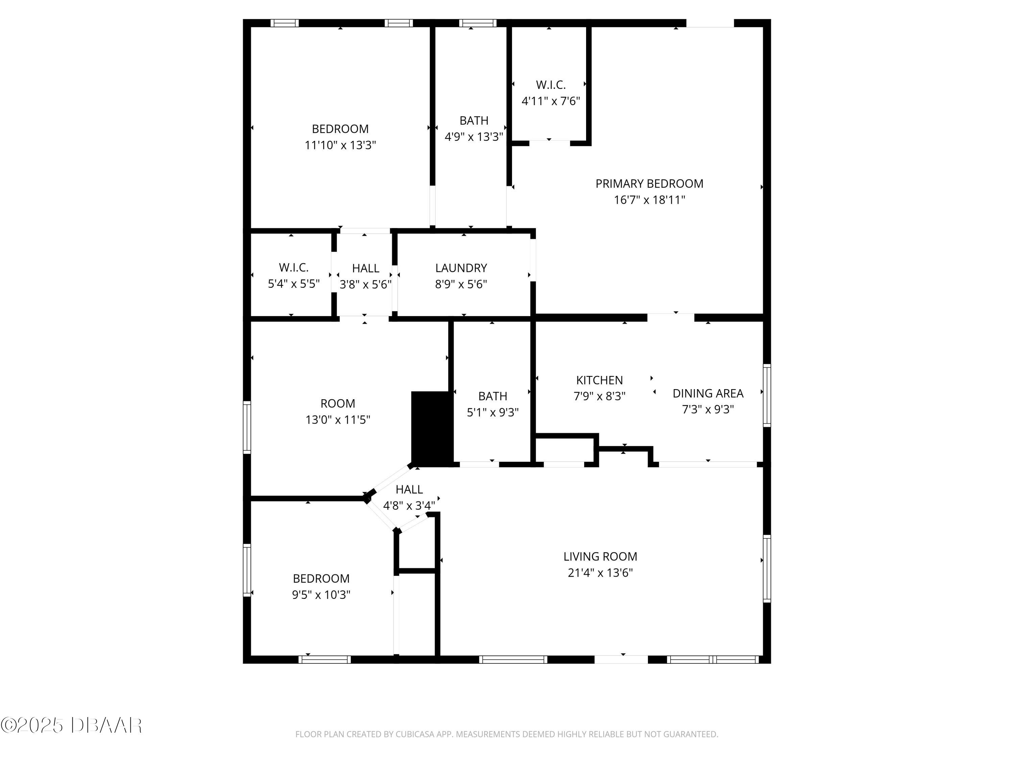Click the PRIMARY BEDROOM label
(x=649, y=184)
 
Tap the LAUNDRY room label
(x=461, y=268)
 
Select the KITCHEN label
(x=600, y=380)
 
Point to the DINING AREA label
(x=708, y=394)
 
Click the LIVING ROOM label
(x=600, y=557)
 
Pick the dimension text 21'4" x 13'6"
(x=600, y=573)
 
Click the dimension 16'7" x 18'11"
(x=649, y=200)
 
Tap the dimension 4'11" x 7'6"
(x=551, y=101)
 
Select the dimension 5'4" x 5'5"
(x=293, y=284)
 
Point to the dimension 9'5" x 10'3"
(x=321, y=594)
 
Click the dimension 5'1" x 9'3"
(x=492, y=412)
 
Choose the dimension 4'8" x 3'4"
(x=409, y=506)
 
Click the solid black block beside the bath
(x=432, y=428)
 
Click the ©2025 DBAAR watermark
(x=71, y=725)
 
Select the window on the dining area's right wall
(x=767, y=395)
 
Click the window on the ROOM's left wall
(x=247, y=427)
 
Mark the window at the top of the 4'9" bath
(x=478, y=23)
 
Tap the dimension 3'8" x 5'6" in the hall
(x=365, y=284)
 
